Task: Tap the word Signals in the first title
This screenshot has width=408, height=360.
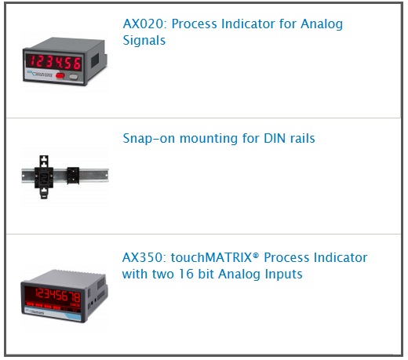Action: [x=144, y=41]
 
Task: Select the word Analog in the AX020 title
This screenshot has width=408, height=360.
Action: [x=322, y=24]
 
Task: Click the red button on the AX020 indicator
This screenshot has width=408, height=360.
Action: [x=60, y=75]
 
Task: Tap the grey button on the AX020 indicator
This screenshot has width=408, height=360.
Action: [x=74, y=77]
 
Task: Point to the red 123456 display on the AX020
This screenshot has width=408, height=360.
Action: [x=55, y=62]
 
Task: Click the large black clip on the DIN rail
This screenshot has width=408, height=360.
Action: [x=44, y=177]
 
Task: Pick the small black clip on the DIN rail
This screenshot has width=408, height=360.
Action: [x=73, y=175]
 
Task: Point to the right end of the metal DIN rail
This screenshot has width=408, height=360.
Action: [x=108, y=176]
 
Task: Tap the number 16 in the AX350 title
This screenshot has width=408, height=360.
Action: [x=186, y=274]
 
